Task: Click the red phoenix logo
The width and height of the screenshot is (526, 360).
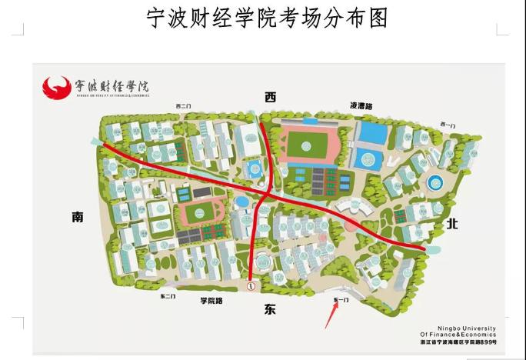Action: point(57,86)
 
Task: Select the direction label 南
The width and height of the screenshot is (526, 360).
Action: point(78,218)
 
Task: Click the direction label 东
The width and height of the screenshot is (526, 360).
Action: point(269,309)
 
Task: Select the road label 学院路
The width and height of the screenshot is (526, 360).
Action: point(211,301)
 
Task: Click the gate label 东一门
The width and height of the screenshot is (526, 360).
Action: point(341,298)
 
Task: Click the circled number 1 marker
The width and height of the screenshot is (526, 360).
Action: point(251,285)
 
